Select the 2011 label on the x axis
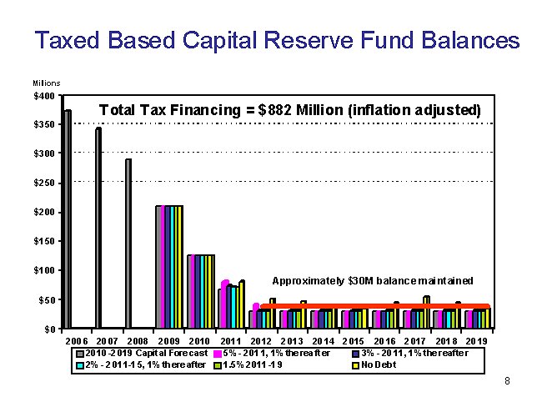[x=229, y=341]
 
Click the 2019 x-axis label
[x=476, y=341]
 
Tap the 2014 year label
[x=322, y=341]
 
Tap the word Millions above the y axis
[x=46, y=83]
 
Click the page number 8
[x=507, y=381]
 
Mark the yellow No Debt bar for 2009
[x=178, y=266]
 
